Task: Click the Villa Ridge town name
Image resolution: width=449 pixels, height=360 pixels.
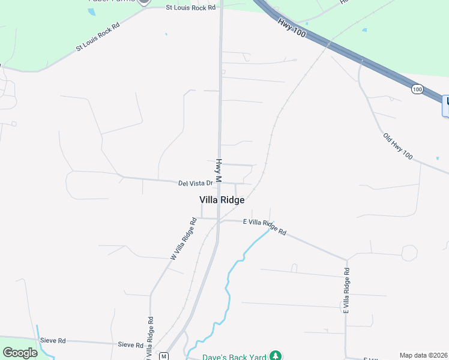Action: click(221, 200)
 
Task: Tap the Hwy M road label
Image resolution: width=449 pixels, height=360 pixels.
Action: click(219, 170)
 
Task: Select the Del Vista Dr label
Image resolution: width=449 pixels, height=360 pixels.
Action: click(196, 183)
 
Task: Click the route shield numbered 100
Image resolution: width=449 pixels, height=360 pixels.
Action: click(417, 89)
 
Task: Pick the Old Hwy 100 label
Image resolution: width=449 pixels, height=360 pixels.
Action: click(398, 146)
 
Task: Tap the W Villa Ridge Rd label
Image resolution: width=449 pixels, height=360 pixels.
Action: click(183, 238)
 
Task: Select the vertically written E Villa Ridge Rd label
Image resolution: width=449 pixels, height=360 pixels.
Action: click(346, 290)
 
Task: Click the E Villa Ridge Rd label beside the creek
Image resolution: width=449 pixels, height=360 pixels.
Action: click(265, 226)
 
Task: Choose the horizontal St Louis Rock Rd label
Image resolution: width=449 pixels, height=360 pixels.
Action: click(190, 8)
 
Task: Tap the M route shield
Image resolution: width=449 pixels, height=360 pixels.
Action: click(163, 356)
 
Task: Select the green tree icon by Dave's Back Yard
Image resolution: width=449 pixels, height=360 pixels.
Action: click(276, 356)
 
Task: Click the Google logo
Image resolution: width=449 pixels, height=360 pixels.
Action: click(20, 353)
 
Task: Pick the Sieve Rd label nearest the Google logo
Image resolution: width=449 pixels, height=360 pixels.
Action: click(52, 340)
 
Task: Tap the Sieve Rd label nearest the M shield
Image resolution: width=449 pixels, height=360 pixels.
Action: click(130, 345)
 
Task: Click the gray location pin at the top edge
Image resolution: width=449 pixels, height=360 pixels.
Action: click(143, 2)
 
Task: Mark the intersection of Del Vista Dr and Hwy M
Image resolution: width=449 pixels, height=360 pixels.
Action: click(219, 183)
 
